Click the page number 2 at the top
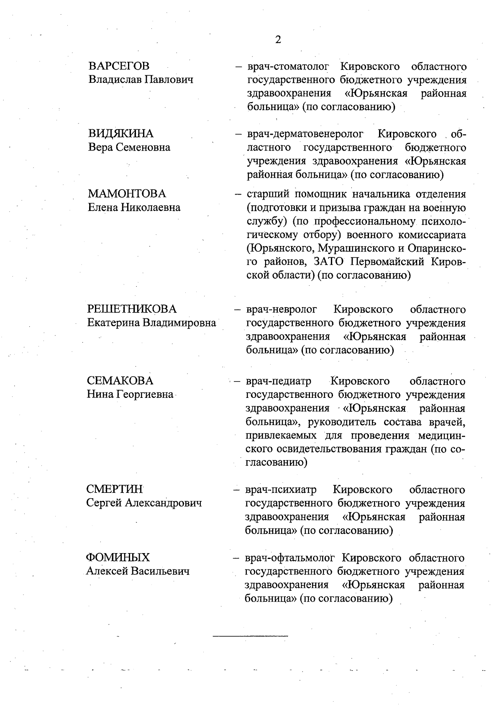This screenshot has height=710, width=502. click(278, 40)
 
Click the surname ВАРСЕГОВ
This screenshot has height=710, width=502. click(119, 66)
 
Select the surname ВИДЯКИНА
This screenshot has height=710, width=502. click(120, 134)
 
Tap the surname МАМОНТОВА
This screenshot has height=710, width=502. click(127, 194)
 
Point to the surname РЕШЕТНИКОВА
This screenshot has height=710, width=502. click(132, 309)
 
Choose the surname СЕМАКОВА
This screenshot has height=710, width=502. click(120, 381)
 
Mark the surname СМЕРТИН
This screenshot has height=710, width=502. click(114, 489)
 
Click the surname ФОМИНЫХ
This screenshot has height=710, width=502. click(118, 557)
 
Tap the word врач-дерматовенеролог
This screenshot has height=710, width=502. click(305, 134)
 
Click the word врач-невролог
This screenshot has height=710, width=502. click(282, 310)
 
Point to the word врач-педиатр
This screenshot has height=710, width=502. click(279, 381)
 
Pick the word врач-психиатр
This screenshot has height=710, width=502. click(281, 490)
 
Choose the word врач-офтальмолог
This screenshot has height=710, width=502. click(290, 558)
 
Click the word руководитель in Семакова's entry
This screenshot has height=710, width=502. click(341, 421)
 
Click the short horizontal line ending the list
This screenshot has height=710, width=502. click(250, 636)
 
